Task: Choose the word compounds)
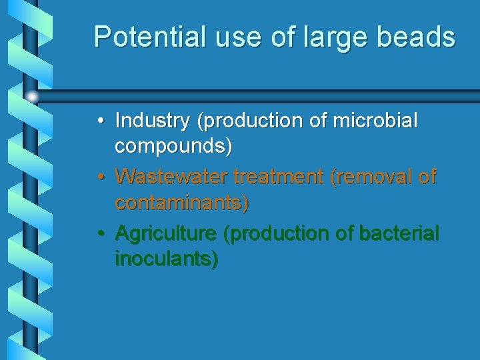pyautogui.click(x=174, y=147)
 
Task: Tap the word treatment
pyautogui.click(x=280, y=177)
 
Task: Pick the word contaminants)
pyautogui.click(x=182, y=202)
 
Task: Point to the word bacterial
pyautogui.click(x=399, y=233)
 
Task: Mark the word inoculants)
pyautogui.click(x=167, y=259)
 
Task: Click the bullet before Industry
pyautogui.click(x=99, y=121)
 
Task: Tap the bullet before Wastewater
pyautogui.click(x=99, y=177)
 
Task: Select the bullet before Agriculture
pyautogui.click(x=99, y=234)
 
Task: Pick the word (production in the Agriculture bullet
pyautogui.click(x=281, y=234)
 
